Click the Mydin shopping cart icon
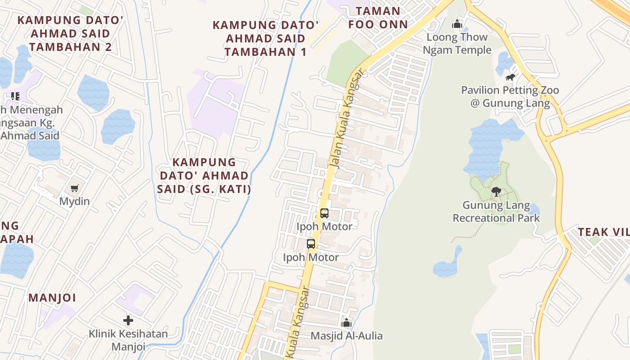[x=74, y=189]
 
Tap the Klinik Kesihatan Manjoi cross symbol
[x=128, y=320]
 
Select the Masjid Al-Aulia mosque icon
[x=346, y=323]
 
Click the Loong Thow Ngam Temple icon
[x=457, y=24]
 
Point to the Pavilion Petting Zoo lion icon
[x=510, y=77]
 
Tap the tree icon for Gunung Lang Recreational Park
[x=496, y=192]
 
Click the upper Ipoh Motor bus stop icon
[x=324, y=213]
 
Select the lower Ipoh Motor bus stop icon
[x=311, y=244]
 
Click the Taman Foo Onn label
[x=378, y=18]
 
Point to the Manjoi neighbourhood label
[x=52, y=298]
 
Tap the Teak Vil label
[x=603, y=232]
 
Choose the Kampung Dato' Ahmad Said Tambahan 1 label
[x=265, y=38]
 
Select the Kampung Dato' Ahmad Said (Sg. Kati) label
[x=204, y=175]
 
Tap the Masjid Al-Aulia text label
[x=346, y=336]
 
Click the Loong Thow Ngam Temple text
[x=457, y=44]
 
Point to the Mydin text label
[x=74, y=201]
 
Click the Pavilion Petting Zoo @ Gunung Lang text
[x=510, y=97]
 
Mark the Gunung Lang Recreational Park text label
[x=496, y=212]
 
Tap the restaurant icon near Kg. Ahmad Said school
[x=15, y=96]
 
